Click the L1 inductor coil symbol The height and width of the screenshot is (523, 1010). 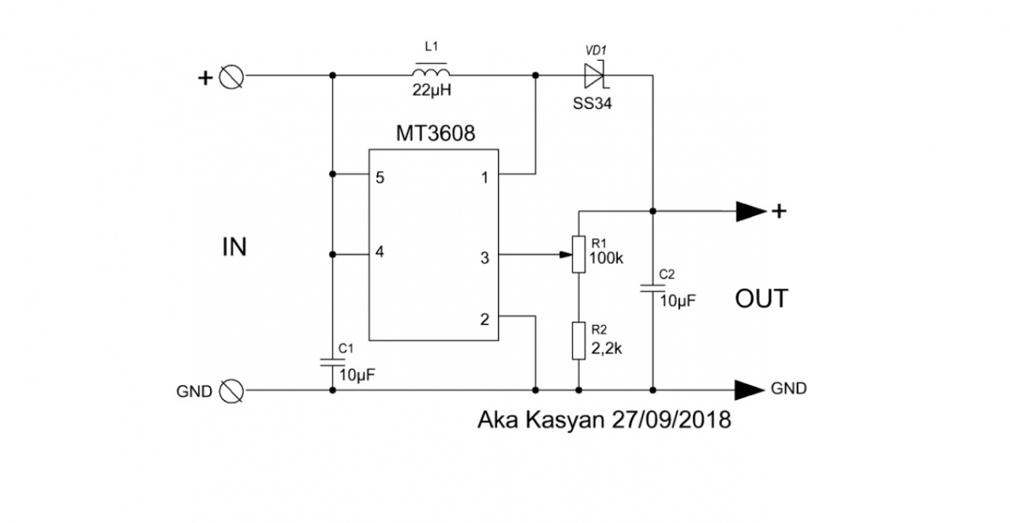(x=431, y=72)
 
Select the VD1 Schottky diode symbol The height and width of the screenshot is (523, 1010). (x=596, y=75)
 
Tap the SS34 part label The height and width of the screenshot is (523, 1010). (x=592, y=103)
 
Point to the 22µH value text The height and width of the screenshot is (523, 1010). (x=432, y=91)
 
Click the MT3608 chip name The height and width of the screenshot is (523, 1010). (x=435, y=133)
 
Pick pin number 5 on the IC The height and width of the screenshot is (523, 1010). (x=380, y=177)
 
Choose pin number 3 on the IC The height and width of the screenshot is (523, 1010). (x=484, y=258)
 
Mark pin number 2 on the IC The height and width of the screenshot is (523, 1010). (x=484, y=319)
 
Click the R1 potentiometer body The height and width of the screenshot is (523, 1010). (x=579, y=254)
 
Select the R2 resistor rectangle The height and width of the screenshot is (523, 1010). (x=579, y=341)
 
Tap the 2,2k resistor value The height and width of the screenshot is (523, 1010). (x=607, y=349)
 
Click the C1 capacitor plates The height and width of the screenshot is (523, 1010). (x=333, y=363)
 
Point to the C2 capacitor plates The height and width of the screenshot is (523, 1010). (x=653, y=288)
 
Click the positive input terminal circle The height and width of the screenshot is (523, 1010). (x=231, y=77)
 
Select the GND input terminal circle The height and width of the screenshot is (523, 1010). (x=231, y=391)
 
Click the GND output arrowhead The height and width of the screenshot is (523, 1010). (x=750, y=390)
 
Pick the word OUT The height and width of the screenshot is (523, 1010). (x=761, y=298)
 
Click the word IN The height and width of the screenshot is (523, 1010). (x=234, y=247)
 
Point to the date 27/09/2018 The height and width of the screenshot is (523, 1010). (x=671, y=420)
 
